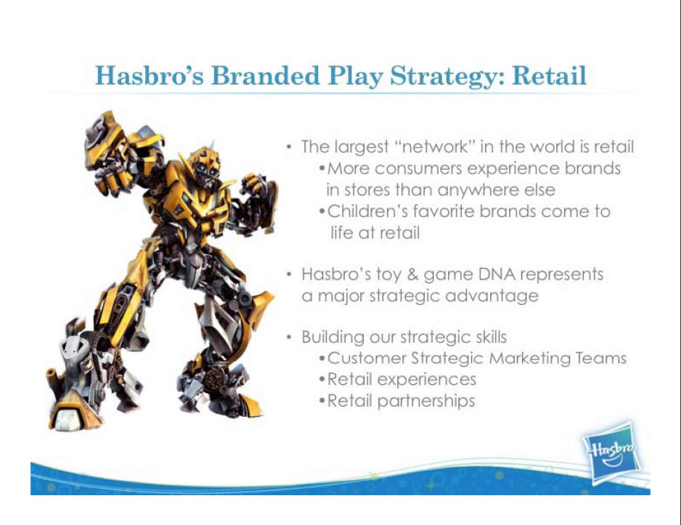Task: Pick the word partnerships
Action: pyautogui.click(x=426, y=401)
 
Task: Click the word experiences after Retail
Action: pyautogui.click(x=426, y=380)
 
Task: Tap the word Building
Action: pyautogui.click(x=333, y=338)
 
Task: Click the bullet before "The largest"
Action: pyautogui.click(x=289, y=147)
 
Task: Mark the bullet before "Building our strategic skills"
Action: pyautogui.click(x=289, y=337)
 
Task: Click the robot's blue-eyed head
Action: pyautogui.click(x=204, y=163)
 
